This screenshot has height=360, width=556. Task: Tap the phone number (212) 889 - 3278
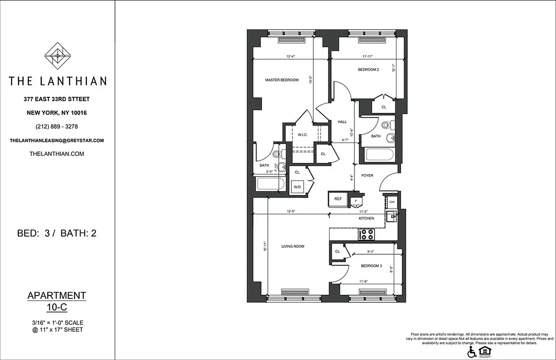tap(57, 126)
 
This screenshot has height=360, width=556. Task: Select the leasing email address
tap(57, 140)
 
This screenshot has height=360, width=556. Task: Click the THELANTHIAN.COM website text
tap(57, 154)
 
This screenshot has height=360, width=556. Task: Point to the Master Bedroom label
tap(282, 80)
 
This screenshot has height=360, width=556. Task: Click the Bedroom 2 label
tap(368, 70)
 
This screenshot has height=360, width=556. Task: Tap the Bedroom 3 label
tap(371, 266)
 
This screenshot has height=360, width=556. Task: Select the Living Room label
tap(293, 247)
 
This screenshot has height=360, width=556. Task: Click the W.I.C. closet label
tap(302, 135)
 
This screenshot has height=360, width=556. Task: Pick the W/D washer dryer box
tap(297, 187)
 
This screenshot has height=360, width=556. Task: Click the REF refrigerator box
tap(337, 198)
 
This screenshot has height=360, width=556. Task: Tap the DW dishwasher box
tap(392, 202)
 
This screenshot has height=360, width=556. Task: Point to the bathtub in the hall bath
tap(381, 156)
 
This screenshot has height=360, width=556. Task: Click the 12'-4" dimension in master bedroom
tap(291, 57)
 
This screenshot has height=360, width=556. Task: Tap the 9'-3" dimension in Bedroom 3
tap(371, 252)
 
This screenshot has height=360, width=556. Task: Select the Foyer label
tap(367, 175)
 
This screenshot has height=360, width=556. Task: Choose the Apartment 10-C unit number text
tap(57, 301)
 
